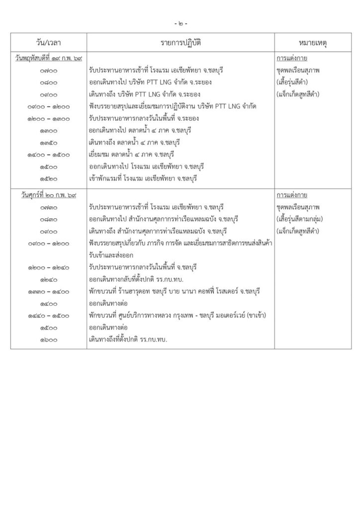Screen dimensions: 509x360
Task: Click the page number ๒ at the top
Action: click(x=180, y=23)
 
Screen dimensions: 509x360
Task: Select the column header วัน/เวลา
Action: click(x=49, y=41)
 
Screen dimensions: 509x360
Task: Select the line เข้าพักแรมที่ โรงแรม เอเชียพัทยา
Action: click(x=144, y=178)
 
